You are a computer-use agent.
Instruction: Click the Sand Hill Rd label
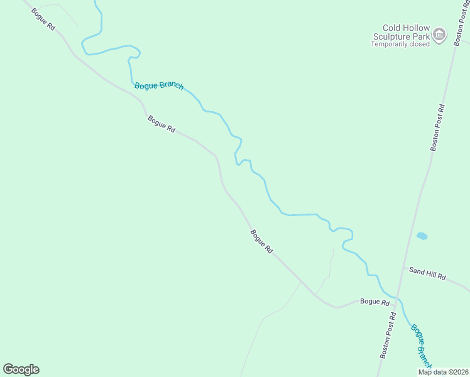pyautogui.click(x=427, y=273)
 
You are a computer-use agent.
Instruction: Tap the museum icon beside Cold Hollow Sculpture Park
pyautogui.click(x=439, y=35)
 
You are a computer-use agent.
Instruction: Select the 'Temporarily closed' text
pyautogui.click(x=400, y=45)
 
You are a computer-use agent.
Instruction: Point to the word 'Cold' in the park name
pyautogui.click(x=393, y=28)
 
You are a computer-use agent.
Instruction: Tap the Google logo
pyautogui.click(x=21, y=369)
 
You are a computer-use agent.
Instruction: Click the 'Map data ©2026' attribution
pyautogui.click(x=444, y=372)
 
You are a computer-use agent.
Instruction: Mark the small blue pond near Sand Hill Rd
pyautogui.click(x=422, y=236)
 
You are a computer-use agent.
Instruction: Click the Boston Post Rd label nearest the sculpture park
pyautogui.click(x=437, y=127)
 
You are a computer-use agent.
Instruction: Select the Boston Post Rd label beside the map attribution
pyautogui.click(x=388, y=335)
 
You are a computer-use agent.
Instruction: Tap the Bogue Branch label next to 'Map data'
pyautogui.click(x=422, y=346)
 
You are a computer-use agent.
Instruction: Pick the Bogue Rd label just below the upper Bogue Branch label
pyautogui.click(x=161, y=123)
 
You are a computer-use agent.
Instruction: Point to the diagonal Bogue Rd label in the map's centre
pyautogui.click(x=261, y=241)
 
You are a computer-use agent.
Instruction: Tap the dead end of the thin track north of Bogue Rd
pyautogui.click(x=332, y=249)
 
